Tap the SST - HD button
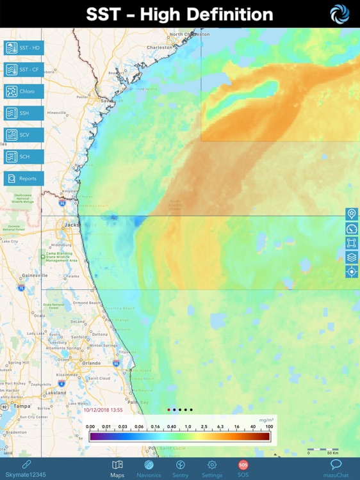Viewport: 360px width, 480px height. (24, 48)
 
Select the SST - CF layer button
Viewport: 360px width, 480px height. (24, 70)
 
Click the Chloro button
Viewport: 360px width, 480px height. (24, 92)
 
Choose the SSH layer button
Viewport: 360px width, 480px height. (24, 113)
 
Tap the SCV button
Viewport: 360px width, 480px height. (24, 135)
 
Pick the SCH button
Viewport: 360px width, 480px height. (24, 157)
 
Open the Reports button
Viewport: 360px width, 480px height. (24, 179)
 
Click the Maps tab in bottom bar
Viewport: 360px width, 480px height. (117, 468)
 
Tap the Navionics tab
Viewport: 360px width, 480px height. (149, 468)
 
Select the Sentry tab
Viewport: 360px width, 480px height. (181, 468)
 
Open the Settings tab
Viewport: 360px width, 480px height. (212, 468)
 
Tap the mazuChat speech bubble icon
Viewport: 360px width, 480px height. (336, 465)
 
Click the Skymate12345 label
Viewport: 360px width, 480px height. (26, 474)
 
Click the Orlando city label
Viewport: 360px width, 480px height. (91, 363)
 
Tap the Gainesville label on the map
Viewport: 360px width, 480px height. (35, 275)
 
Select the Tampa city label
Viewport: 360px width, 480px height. (22, 406)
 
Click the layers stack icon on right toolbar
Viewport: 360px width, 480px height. (351, 257)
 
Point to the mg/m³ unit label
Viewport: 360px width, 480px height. (266, 420)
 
